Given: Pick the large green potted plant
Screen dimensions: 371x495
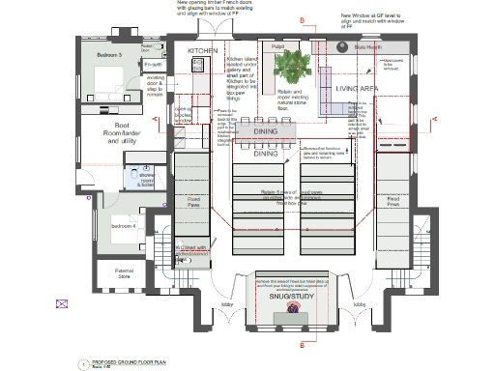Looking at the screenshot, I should (x=289, y=66).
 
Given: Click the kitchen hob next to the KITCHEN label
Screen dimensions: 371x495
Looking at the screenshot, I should (x=196, y=65).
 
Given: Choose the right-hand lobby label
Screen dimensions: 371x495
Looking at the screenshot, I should (x=359, y=303).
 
